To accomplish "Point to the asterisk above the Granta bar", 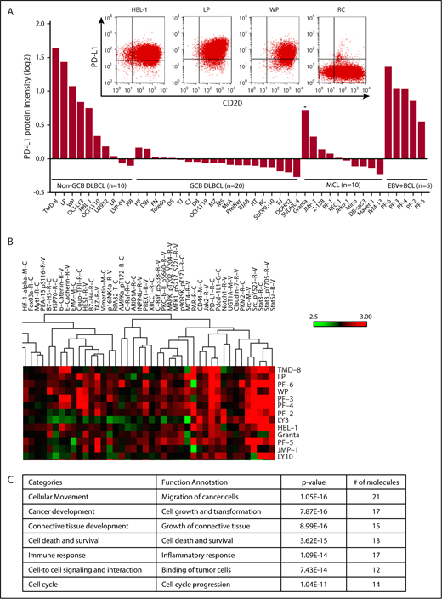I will pos(304,107).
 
